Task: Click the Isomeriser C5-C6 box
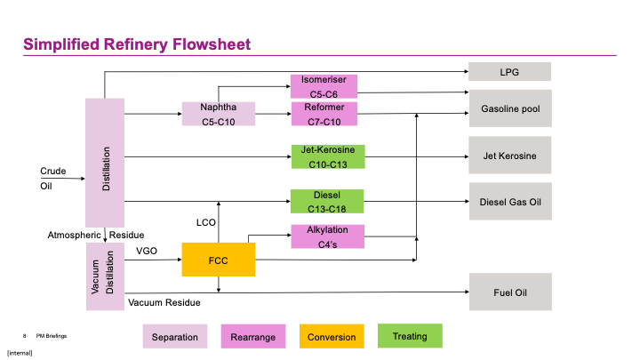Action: click(324, 86)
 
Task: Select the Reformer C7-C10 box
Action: click(324, 114)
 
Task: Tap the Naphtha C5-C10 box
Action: click(218, 114)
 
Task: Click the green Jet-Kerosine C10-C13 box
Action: click(328, 156)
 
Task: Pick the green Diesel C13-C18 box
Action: click(328, 201)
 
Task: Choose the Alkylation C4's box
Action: click(328, 236)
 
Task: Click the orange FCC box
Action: click(219, 260)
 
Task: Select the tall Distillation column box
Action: click(105, 162)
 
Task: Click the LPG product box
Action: click(510, 72)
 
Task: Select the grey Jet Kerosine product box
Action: click(510, 156)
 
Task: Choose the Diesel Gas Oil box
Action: click(510, 201)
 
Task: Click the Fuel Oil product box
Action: click(510, 292)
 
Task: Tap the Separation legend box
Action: click(175, 337)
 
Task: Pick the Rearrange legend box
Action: click(252, 337)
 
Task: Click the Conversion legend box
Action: click(331, 337)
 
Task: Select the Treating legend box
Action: click(409, 336)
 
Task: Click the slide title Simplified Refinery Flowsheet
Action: click(137, 44)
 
